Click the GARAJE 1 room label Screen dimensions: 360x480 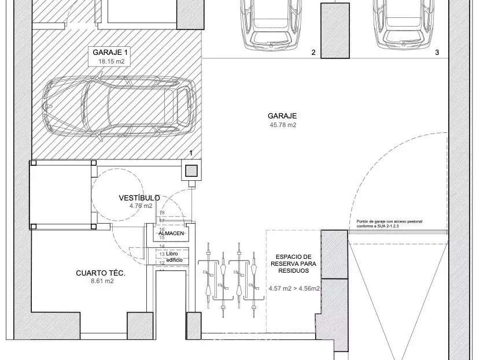pyautogui.click(x=109, y=52)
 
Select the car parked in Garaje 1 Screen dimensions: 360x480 pyautogui.click(x=120, y=106)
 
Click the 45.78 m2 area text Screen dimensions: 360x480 pyautogui.click(x=282, y=125)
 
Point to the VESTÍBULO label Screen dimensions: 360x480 pyautogui.click(x=139, y=198)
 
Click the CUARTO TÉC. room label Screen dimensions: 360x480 pyautogui.click(x=101, y=273)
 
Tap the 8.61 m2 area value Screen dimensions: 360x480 pyautogui.click(x=102, y=281)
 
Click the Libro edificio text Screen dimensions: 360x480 pyautogui.click(x=174, y=257)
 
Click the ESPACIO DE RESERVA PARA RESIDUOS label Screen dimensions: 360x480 pyautogui.click(x=293, y=263)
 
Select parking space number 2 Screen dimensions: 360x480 pyautogui.click(x=313, y=53)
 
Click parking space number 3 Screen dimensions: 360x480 pyautogui.click(x=437, y=53)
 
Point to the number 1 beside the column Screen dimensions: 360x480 pyautogui.click(x=191, y=153)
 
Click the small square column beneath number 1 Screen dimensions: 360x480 pyautogui.click(x=191, y=170)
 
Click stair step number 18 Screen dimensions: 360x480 pyautogui.click(x=162, y=213)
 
